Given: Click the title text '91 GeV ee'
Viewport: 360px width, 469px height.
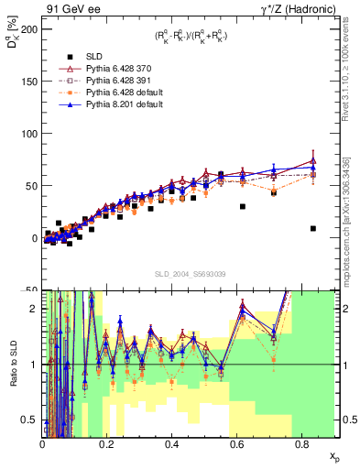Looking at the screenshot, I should point(69,8).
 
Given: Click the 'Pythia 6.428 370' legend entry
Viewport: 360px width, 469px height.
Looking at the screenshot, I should point(104,69).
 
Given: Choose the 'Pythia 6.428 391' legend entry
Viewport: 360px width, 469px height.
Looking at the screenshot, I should point(104,81).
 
